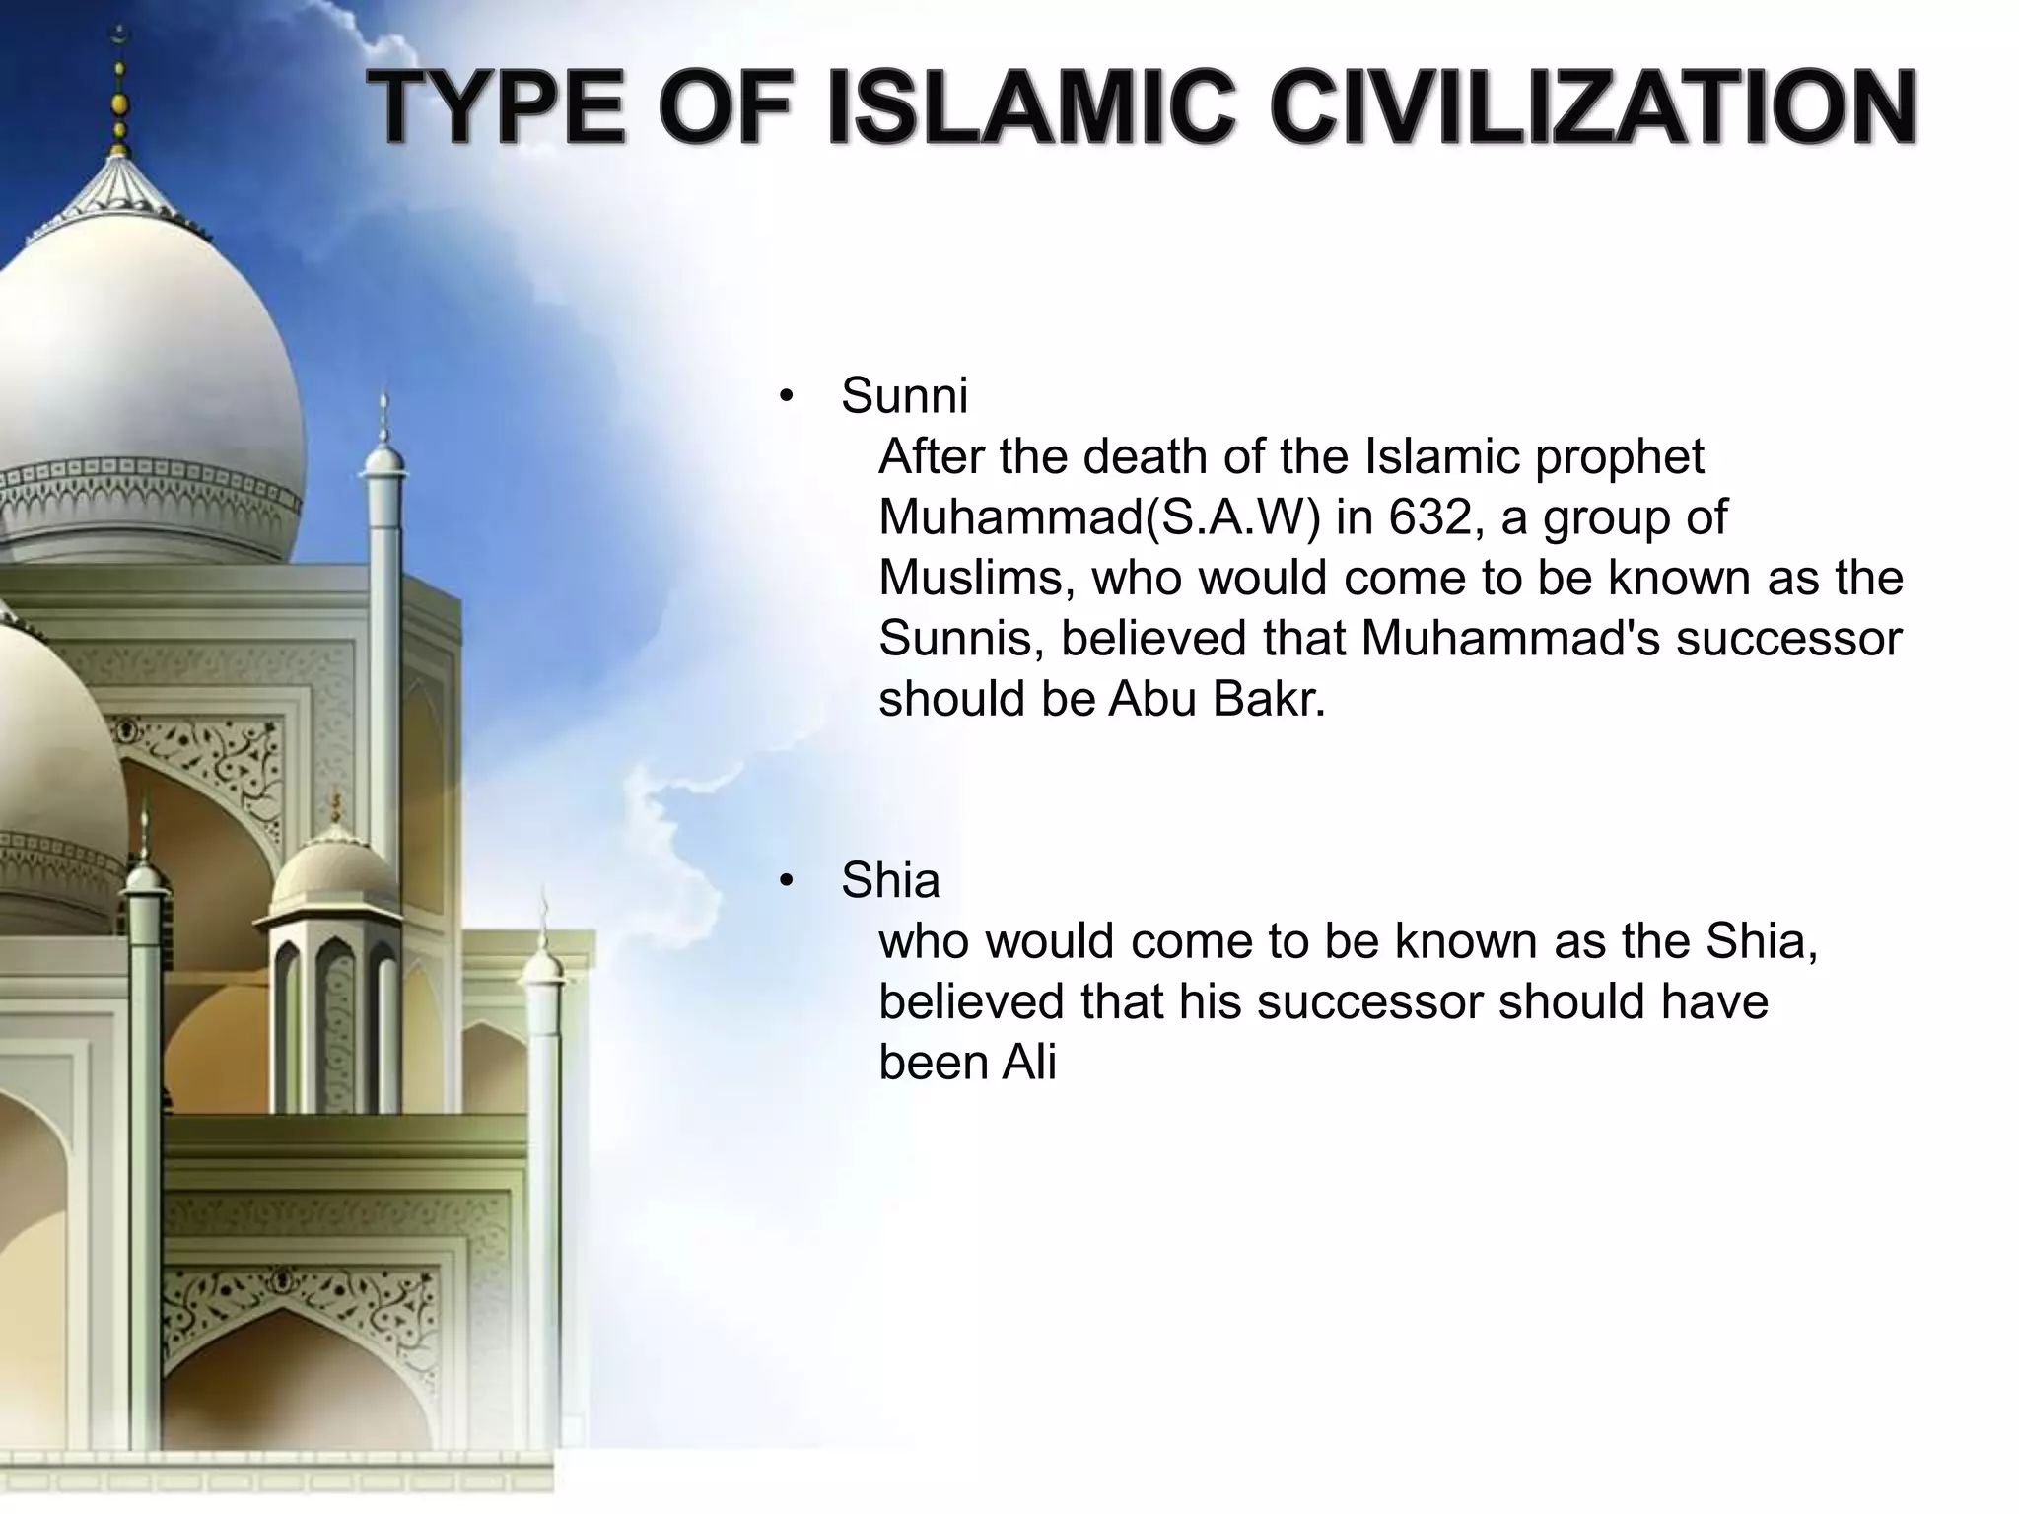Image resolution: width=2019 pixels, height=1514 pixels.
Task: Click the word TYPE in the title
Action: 498,109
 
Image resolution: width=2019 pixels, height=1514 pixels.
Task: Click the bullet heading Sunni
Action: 904,396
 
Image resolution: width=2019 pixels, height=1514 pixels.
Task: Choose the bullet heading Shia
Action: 889,880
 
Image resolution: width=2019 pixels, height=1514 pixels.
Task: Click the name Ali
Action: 1029,1063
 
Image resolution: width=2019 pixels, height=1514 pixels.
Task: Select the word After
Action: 932,457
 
